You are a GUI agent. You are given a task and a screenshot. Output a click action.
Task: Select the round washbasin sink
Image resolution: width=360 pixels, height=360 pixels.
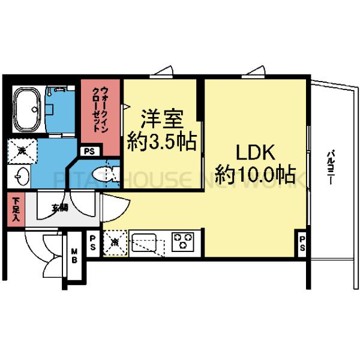pyautogui.click(x=22, y=177)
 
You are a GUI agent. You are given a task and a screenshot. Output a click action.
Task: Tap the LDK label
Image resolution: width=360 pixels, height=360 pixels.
pyautogui.click(x=254, y=152)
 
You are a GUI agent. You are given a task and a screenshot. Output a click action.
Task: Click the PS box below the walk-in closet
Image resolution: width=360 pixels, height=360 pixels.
pyautogui.click(x=89, y=151)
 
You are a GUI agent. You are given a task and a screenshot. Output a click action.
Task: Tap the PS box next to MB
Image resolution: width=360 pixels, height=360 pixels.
pyautogui.click(x=93, y=244)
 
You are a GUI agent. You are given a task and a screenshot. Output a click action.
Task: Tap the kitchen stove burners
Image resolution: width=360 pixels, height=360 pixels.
pyautogui.click(x=182, y=242)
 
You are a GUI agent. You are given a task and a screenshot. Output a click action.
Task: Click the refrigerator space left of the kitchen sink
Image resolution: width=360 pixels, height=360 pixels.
pyautogui.click(x=115, y=244)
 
